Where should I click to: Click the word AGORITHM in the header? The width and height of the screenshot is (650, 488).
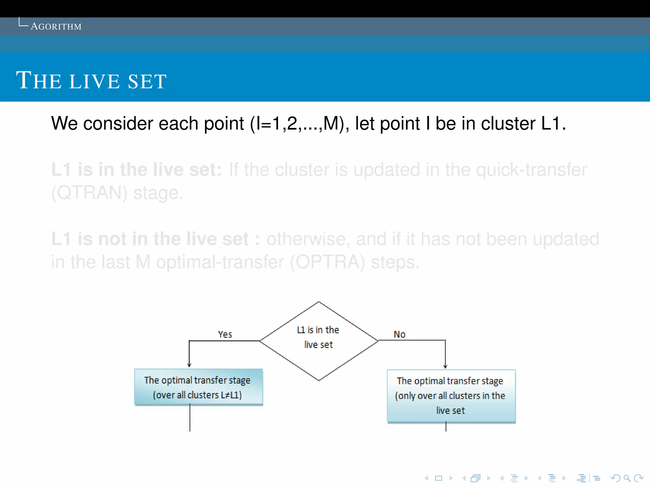pyautogui.click(x=56, y=26)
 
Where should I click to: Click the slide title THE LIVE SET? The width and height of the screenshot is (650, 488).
pyautogui.click(x=91, y=81)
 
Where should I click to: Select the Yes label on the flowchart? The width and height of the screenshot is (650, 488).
pyautogui.click(x=225, y=334)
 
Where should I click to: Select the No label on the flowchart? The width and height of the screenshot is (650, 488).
pyautogui.click(x=399, y=334)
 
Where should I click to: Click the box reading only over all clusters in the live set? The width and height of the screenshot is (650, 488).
pyautogui.click(x=451, y=396)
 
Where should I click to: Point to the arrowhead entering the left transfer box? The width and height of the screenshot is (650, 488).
pyautogui.click(x=189, y=365)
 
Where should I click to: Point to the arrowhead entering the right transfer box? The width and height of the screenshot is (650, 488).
pyautogui.click(x=445, y=366)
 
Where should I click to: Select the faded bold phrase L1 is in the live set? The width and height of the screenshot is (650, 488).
pyautogui.click(x=136, y=170)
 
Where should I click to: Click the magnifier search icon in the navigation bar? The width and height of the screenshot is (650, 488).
pyautogui.click(x=627, y=478)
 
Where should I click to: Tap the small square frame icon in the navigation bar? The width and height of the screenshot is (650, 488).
pyautogui.click(x=439, y=478)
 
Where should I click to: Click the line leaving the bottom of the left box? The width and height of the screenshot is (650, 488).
pyautogui.click(x=190, y=418)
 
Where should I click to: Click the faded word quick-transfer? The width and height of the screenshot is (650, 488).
pyautogui.click(x=532, y=170)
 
